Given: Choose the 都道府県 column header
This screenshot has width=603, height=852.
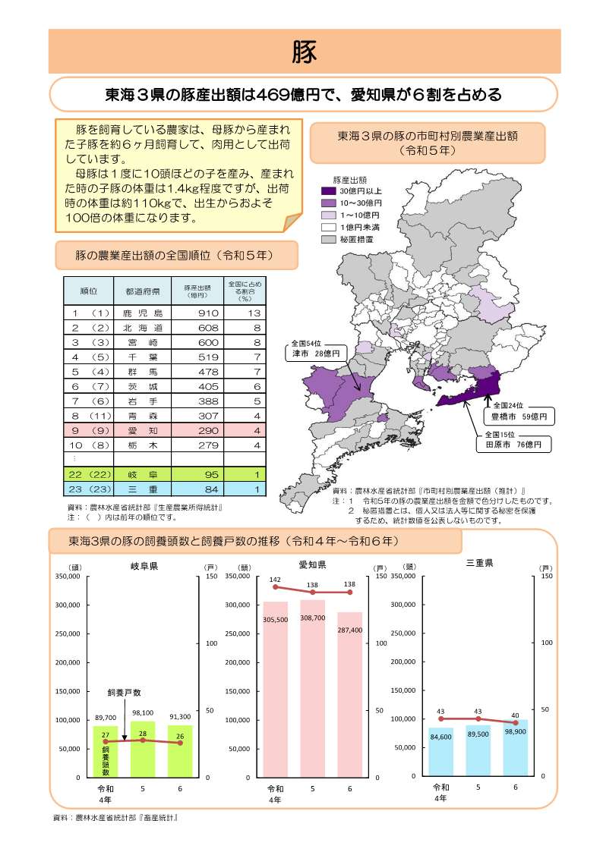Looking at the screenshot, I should [143, 291].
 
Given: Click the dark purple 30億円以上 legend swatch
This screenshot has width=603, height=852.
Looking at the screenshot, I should [328, 191].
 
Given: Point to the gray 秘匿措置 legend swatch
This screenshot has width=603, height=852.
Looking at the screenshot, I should [328, 238].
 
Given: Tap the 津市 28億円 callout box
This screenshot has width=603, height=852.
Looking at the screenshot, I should [317, 349].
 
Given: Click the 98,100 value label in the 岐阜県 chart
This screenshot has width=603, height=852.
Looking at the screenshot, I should [142, 713].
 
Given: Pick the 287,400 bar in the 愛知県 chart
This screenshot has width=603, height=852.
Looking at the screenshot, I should [349, 694].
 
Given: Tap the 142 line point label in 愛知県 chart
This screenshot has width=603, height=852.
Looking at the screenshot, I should [275, 580].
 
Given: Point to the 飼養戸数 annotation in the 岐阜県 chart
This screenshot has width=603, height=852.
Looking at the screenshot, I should [124, 693].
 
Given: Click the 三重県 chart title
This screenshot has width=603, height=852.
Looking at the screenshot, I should [478, 564].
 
